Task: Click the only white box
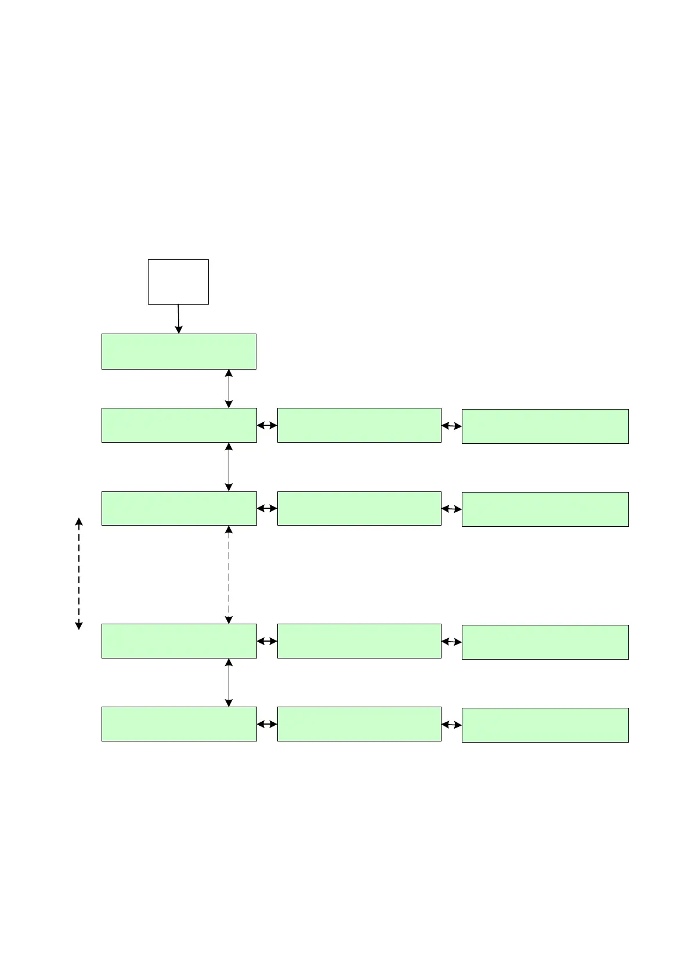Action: pos(178,281)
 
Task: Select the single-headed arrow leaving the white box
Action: pos(178,319)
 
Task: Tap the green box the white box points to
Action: pos(179,351)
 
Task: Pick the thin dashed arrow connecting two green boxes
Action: pos(229,574)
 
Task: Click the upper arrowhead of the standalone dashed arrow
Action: pos(79,521)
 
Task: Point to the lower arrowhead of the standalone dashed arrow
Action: pos(79,625)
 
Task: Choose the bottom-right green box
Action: pos(545,725)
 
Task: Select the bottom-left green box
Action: pos(179,723)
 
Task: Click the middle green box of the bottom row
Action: pos(359,723)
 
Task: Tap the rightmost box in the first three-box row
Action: pos(545,426)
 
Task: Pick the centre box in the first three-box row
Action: pos(359,425)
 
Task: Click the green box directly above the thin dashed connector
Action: pos(179,508)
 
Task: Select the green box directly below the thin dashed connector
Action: pos(179,641)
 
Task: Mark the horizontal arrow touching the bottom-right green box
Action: pos(451,725)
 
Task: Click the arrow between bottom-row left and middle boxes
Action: pos(267,724)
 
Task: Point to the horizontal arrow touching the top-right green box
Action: pos(451,426)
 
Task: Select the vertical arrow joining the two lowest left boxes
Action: pos(229,682)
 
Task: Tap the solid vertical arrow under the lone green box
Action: pos(229,388)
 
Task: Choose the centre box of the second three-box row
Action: pos(359,508)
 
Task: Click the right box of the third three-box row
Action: pos(545,642)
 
